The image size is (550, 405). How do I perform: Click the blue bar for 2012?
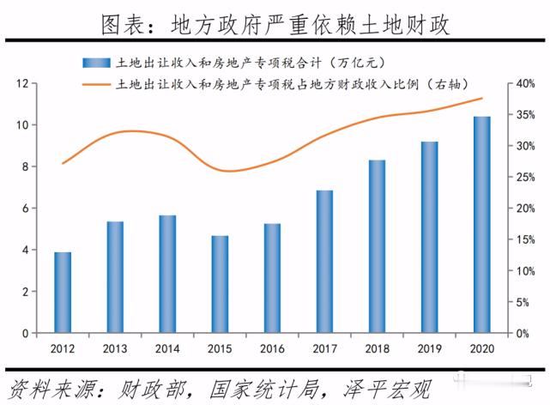(x=63, y=293)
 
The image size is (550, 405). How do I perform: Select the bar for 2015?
(x=221, y=284)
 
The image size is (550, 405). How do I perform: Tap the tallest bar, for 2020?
(x=482, y=225)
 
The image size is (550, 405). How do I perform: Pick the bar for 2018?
(x=378, y=246)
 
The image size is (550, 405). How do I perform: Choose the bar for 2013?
(x=115, y=277)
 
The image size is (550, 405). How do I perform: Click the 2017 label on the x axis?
(x=324, y=348)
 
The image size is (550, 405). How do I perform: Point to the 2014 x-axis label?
(x=167, y=348)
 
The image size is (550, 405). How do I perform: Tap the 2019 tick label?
(x=429, y=348)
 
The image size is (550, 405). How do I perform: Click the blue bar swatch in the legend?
(x=96, y=62)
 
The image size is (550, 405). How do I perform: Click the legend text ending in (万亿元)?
(x=227, y=62)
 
